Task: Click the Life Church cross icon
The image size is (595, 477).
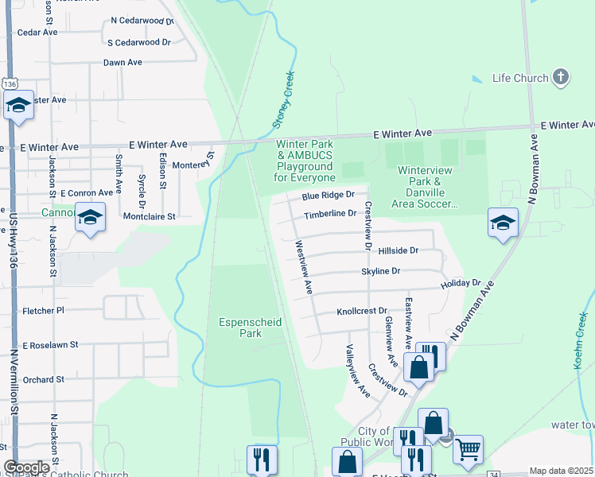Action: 562,77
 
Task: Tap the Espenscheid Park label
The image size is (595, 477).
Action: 240,328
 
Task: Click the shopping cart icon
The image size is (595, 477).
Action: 468,449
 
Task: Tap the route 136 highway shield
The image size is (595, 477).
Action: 9,83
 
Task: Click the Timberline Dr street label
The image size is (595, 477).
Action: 330,215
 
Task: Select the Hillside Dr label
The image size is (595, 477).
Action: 399,250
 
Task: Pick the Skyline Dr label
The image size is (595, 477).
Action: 380,271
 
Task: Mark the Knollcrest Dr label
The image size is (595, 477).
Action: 362,312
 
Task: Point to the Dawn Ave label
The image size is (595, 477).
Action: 122,62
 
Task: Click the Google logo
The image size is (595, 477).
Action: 26,467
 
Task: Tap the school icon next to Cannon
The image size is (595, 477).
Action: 91,217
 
